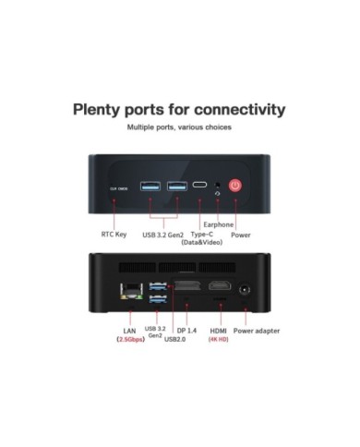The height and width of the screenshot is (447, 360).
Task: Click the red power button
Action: (235, 186)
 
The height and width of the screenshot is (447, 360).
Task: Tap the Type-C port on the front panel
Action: (200, 186)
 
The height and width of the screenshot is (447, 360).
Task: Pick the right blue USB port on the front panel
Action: (175, 187)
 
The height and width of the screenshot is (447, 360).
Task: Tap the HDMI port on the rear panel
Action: (219, 287)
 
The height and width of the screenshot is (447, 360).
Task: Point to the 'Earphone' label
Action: (218, 223)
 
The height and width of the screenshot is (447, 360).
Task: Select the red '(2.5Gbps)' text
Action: (129, 340)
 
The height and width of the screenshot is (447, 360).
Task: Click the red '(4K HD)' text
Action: (218, 340)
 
